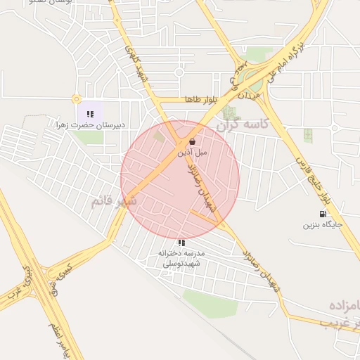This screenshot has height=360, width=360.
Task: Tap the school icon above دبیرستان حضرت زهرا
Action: click(90, 113)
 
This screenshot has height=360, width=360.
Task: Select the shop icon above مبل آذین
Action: click(192, 141)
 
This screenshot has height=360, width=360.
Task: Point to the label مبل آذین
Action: click(191, 152)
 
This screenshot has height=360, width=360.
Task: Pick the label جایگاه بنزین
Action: click(322, 225)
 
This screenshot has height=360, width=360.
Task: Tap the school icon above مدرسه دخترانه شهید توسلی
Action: click(181, 243)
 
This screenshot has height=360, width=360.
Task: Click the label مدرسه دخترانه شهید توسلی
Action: click(181, 258)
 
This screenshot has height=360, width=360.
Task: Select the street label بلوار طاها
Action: click(198, 100)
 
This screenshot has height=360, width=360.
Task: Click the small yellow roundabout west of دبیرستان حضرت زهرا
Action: click(76, 99)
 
